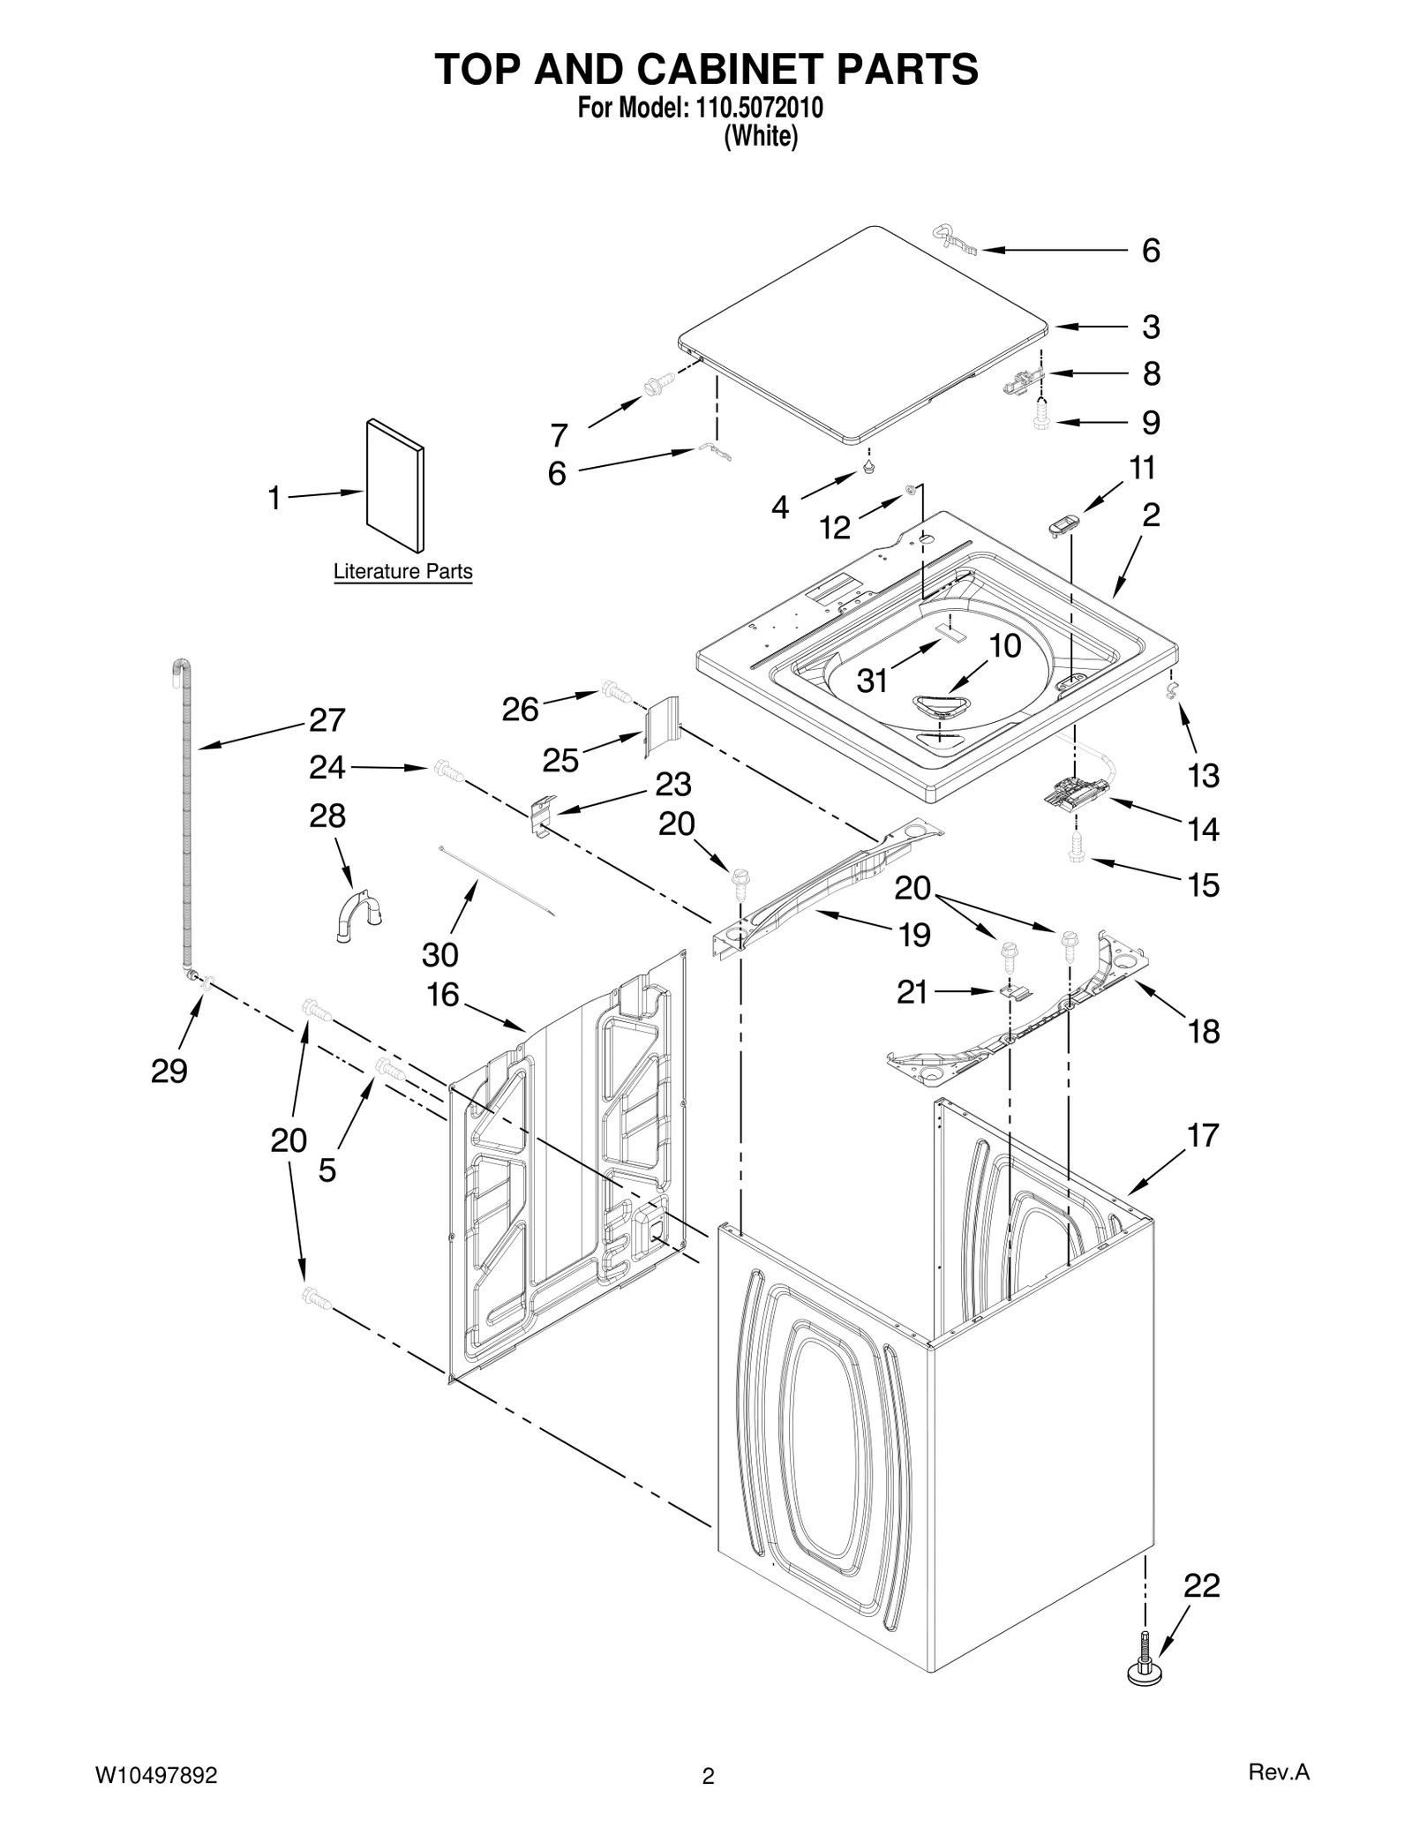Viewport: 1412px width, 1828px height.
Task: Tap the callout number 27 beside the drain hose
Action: click(x=327, y=720)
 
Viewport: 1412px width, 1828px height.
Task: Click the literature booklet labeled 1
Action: click(x=394, y=486)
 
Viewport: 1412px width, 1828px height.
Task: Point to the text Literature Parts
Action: click(x=402, y=571)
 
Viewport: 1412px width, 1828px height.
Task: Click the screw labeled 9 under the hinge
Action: click(x=1041, y=415)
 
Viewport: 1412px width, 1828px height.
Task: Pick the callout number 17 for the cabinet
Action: click(x=1203, y=1135)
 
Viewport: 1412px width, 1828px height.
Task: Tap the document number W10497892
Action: click(x=155, y=1775)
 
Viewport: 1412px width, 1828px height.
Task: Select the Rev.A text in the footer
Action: click(x=1279, y=1772)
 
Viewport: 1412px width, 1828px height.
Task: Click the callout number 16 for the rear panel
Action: click(x=443, y=995)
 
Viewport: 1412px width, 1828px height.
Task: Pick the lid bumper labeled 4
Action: click(x=869, y=464)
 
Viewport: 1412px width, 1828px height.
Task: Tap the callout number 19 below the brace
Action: click(x=914, y=935)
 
